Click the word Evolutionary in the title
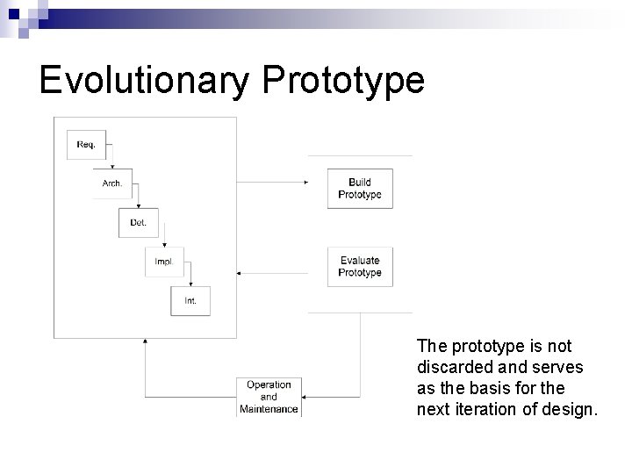click(145, 81)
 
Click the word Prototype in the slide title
click(343, 81)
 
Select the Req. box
click(86, 145)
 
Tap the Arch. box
click(112, 183)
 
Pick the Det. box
click(139, 222)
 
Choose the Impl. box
click(164, 262)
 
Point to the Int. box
click(190, 300)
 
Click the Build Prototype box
click(360, 189)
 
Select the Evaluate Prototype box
click(360, 267)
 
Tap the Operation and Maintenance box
click(269, 397)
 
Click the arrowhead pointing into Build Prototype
click(306, 183)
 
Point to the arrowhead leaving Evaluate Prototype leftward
click(240, 273)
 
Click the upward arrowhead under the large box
click(145, 341)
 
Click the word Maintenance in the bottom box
click(269, 408)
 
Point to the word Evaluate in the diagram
click(360, 261)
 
